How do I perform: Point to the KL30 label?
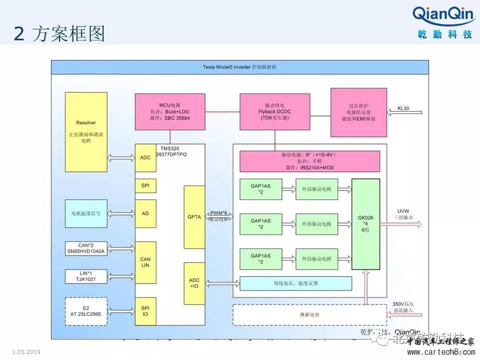403,107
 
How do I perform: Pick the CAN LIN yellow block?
145,262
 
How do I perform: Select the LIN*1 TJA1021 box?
86,275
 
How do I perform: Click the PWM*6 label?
218,213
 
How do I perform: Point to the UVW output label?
403,210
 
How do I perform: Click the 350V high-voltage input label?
403,307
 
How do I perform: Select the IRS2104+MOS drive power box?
307,161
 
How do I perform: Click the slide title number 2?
19,34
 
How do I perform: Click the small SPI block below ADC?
145,185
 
